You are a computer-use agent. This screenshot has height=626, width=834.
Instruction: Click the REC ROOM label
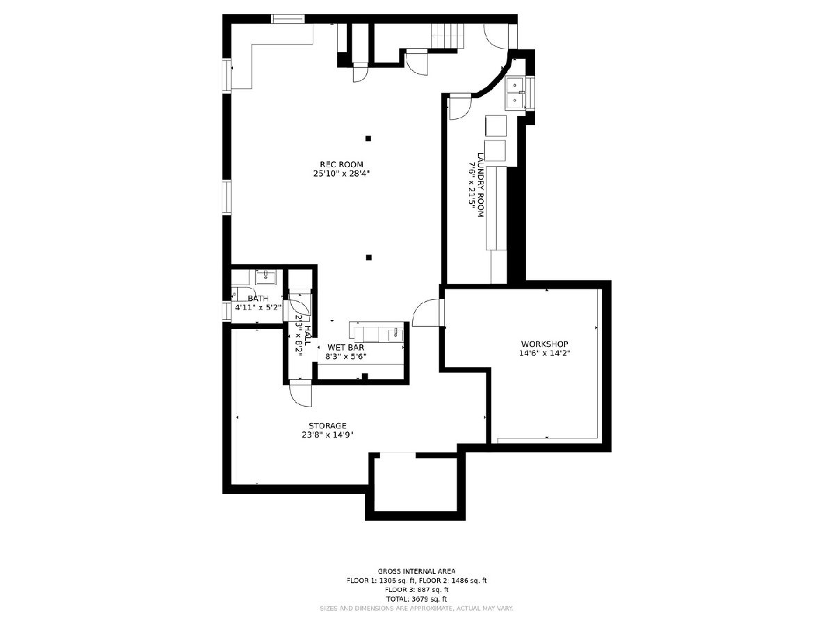tap(341, 164)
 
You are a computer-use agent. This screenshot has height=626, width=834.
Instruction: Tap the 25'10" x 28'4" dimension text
tap(341, 174)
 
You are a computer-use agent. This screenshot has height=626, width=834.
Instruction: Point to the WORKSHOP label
tap(545, 344)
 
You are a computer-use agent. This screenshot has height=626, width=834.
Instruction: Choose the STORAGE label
tap(328, 426)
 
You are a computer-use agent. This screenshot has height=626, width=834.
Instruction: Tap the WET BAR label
tap(346, 347)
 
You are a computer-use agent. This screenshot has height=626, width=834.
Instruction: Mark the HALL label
tap(306, 328)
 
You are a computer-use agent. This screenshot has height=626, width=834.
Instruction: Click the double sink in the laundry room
tap(515, 93)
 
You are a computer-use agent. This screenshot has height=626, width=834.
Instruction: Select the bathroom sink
tap(265, 278)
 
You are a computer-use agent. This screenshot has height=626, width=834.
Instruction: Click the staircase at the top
tap(447, 34)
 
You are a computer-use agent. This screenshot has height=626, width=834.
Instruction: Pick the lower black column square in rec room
tap(369, 257)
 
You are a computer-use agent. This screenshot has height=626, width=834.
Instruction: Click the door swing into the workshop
tap(426, 314)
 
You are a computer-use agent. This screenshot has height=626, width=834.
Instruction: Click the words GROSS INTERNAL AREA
tap(416, 571)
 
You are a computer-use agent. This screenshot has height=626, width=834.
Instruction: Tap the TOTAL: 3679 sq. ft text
tap(416, 598)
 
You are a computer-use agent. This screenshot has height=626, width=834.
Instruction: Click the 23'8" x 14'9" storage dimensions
tap(328, 435)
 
